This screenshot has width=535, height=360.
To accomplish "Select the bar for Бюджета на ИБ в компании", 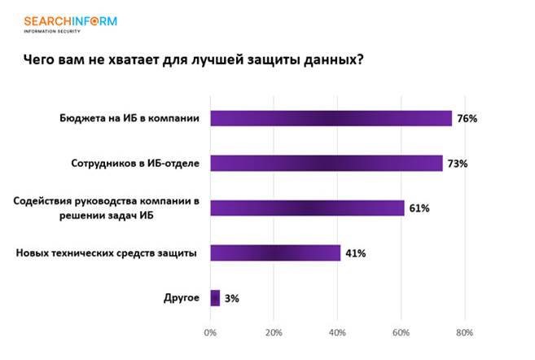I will (331, 118).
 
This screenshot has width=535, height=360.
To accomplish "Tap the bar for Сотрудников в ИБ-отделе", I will (326, 163).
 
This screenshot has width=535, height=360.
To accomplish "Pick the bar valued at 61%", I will (307, 208).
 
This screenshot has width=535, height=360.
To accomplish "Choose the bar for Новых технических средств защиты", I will (275, 252).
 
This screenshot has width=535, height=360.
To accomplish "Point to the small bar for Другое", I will (215, 298).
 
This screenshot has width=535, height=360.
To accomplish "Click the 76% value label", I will (467, 119).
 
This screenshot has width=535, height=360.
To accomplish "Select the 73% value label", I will (456, 164).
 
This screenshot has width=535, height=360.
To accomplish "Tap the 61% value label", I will (419, 209).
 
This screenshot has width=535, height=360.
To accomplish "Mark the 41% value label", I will (355, 253).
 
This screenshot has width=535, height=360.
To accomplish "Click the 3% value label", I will (231, 299).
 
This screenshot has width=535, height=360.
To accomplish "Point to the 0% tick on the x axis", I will (210, 332).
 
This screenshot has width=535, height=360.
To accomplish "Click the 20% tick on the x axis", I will (274, 332).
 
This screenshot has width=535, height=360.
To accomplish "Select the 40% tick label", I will (337, 332).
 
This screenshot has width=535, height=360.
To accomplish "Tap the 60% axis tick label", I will (401, 332).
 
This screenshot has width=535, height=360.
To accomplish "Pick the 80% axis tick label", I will (464, 332).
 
